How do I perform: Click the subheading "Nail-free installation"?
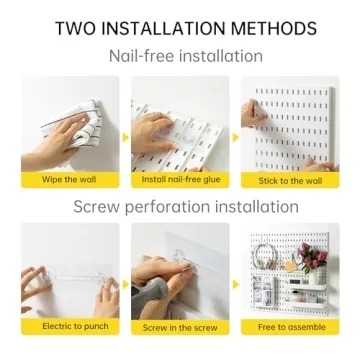(x=180, y=56)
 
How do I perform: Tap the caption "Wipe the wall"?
(x=69, y=180)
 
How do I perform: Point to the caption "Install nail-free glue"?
(x=180, y=180)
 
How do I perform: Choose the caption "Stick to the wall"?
(x=290, y=180)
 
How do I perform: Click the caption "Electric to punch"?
(x=69, y=326)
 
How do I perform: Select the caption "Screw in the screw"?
(x=180, y=326)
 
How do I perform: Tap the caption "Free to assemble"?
(x=290, y=326)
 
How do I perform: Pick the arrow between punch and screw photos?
(x=125, y=282)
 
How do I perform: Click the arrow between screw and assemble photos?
(x=235, y=282)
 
